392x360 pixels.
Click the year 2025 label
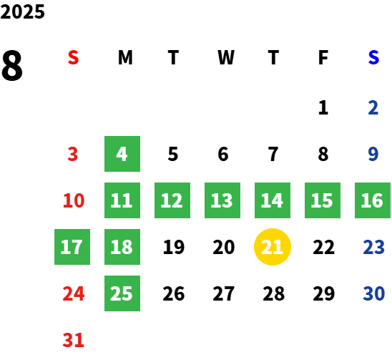tap(22, 11)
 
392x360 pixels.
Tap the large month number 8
tap(11, 66)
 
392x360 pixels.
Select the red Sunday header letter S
tap(73, 57)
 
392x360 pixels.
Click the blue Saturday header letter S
tap(373, 57)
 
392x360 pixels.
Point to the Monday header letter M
tap(125, 57)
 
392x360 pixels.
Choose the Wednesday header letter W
tap(226, 57)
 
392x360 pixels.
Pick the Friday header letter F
tap(323, 57)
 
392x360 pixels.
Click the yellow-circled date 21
tap(273, 247)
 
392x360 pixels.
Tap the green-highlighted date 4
tap(122, 154)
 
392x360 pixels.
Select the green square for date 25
tap(122, 293)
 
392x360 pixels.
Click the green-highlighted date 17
tap(72, 247)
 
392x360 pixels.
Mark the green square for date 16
tap(373, 200)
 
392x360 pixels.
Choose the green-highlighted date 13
tap(222, 200)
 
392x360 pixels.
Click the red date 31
tap(73, 340)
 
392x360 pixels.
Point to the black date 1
tap(323, 107)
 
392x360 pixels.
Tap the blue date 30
tap(373, 293)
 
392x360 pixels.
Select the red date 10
tap(74, 200)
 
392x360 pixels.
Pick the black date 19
tap(174, 247)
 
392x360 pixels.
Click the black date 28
tap(273, 293)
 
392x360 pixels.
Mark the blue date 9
tap(373, 154)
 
